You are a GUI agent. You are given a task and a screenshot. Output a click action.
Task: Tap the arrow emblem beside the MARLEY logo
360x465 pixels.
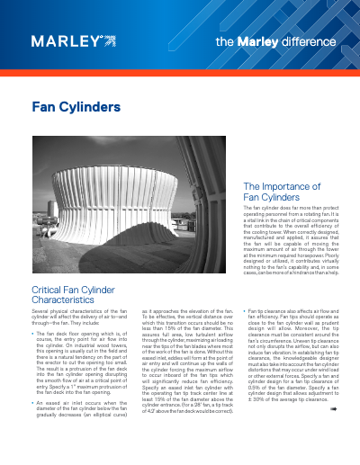coord(109,40)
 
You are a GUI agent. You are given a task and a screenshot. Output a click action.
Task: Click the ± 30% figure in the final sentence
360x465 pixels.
coord(255,423)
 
